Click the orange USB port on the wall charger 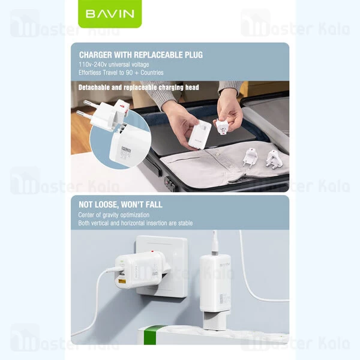[122, 281]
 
